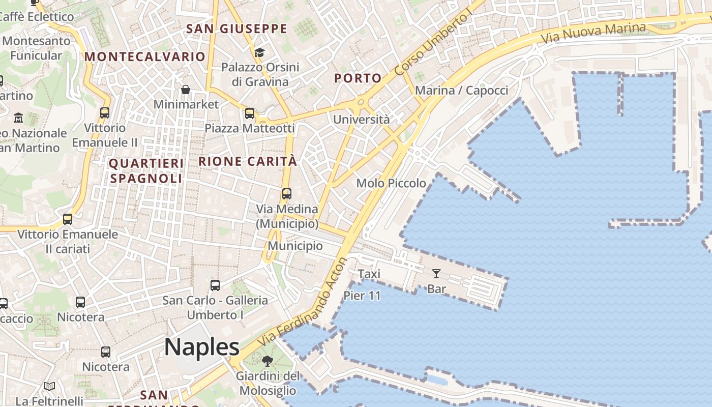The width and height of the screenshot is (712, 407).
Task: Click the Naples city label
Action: click(202, 347)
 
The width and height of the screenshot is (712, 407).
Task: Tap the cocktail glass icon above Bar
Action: click(436, 274)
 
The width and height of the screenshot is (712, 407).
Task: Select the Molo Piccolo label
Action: click(391, 183)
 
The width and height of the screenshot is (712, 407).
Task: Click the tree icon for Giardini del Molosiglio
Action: click(267, 361)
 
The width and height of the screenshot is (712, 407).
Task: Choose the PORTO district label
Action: click(358, 78)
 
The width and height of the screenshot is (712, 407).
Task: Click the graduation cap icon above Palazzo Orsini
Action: click(259, 52)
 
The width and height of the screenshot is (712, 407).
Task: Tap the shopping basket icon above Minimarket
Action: click(186, 90)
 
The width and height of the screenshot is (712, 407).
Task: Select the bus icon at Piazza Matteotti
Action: click(250, 113)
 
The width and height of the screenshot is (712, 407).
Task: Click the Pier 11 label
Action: click(362, 296)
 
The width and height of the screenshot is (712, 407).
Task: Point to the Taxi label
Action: click(369, 274)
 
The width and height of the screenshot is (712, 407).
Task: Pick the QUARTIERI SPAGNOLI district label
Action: click(146, 171)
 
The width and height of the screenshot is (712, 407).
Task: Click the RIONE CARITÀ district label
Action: click(247, 162)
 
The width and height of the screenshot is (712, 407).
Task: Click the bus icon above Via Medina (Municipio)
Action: click(287, 194)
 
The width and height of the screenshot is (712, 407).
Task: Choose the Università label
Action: click(362, 120)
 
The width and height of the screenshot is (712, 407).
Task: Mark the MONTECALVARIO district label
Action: click(145, 56)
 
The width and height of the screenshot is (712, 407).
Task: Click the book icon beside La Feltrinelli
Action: click(49, 387)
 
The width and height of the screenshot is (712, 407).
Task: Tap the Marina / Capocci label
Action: click(462, 91)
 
